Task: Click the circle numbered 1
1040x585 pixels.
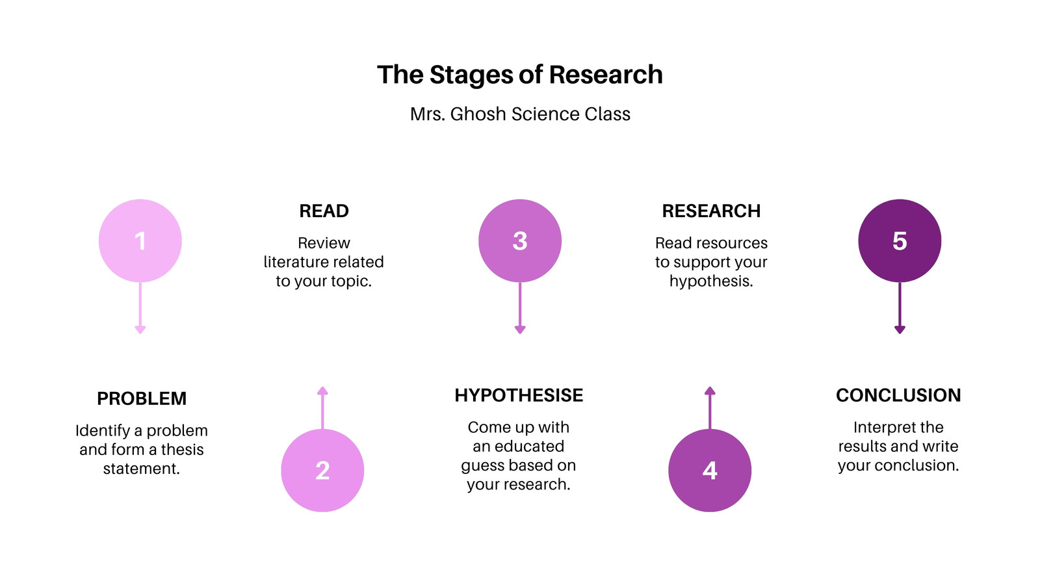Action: tap(140, 240)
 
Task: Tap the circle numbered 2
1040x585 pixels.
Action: tap(322, 471)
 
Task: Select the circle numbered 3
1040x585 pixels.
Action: tap(520, 240)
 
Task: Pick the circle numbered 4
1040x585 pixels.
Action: tap(710, 471)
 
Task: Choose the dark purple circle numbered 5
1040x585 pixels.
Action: tap(900, 240)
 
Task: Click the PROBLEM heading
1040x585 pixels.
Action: tap(142, 398)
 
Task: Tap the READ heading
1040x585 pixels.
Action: tap(324, 211)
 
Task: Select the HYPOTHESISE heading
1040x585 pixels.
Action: tap(519, 395)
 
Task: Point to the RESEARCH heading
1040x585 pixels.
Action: tap(711, 211)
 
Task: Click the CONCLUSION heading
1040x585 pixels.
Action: tap(898, 395)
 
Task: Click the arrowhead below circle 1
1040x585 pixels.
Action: tap(140, 330)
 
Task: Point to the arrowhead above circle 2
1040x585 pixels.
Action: tap(322, 391)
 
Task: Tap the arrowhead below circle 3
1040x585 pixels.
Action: tap(520, 330)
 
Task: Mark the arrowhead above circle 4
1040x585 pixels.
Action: tap(710, 391)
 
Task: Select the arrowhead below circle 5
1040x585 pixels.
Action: tap(900, 330)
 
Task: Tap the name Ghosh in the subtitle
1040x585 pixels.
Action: tap(478, 114)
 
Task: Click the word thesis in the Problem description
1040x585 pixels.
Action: tap(182, 449)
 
